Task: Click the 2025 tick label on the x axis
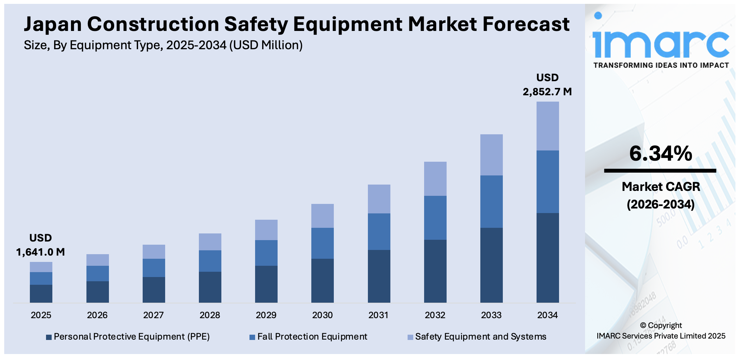[x=41, y=315]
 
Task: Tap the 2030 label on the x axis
[x=322, y=315]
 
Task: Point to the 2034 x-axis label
[x=547, y=315]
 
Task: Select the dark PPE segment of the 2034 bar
[x=547, y=257]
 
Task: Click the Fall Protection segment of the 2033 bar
[x=491, y=201]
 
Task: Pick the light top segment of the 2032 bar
[x=435, y=179]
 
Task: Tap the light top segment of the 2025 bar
[x=41, y=267]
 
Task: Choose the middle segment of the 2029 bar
[x=266, y=253]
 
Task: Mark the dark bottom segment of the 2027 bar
[x=154, y=290]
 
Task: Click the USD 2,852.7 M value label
[x=547, y=85]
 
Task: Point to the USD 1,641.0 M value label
[x=40, y=245]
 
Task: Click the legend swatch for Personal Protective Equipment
[x=49, y=337]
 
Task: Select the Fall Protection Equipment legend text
[x=312, y=337]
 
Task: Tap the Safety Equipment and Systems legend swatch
[x=410, y=337]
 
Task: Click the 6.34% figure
[x=661, y=154]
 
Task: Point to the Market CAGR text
[x=661, y=187]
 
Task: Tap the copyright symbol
[x=643, y=326]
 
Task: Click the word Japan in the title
[x=53, y=24]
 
